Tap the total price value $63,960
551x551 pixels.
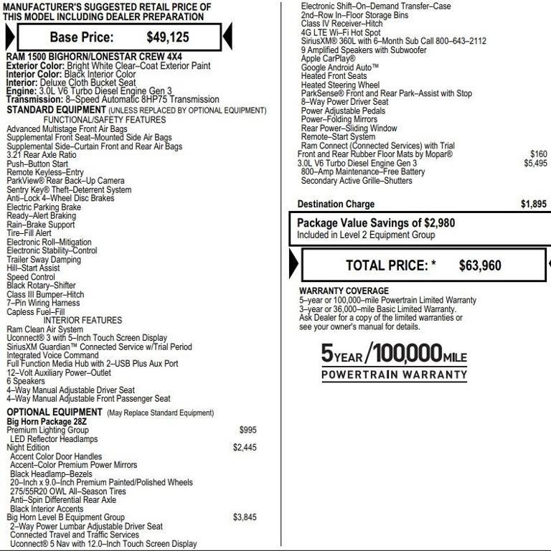click(480, 266)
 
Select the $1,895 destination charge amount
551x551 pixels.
click(533, 204)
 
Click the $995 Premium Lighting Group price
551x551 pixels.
click(248, 430)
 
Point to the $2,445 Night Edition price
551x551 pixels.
click(245, 448)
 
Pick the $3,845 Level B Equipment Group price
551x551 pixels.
click(245, 517)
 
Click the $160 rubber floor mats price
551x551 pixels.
click(538, 154)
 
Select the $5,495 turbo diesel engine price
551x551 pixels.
click(535, 164)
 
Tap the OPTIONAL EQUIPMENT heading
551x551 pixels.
click(55, 412)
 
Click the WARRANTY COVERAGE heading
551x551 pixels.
click(344, 291)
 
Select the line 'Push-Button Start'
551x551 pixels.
click(37, 164)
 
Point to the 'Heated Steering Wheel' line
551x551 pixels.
click(340, 85)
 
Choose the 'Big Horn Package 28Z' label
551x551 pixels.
click(47, 421)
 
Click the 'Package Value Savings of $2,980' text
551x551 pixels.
click(376, 223)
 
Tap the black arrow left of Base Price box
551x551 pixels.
click(9, 37)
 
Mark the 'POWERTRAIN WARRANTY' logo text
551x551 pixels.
click(394, 375)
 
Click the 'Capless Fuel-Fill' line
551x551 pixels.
click(36, 312)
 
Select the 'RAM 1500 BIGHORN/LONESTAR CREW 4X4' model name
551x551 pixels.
click(83, 57)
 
